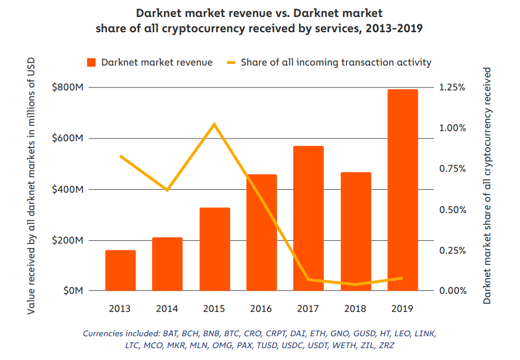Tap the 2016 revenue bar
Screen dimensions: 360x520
262,232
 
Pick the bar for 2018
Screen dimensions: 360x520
356,231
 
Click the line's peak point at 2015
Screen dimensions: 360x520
214,124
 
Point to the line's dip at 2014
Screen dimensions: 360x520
167,190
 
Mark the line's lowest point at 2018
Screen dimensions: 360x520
356,284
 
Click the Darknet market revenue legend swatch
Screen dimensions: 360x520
91,62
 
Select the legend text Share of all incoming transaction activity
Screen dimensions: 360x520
336,62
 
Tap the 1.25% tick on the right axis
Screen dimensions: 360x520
453,88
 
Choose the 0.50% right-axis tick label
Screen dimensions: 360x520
453,210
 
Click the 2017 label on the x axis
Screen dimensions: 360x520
309,309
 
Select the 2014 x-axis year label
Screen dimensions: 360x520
167,309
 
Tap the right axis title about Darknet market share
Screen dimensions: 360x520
487,186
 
